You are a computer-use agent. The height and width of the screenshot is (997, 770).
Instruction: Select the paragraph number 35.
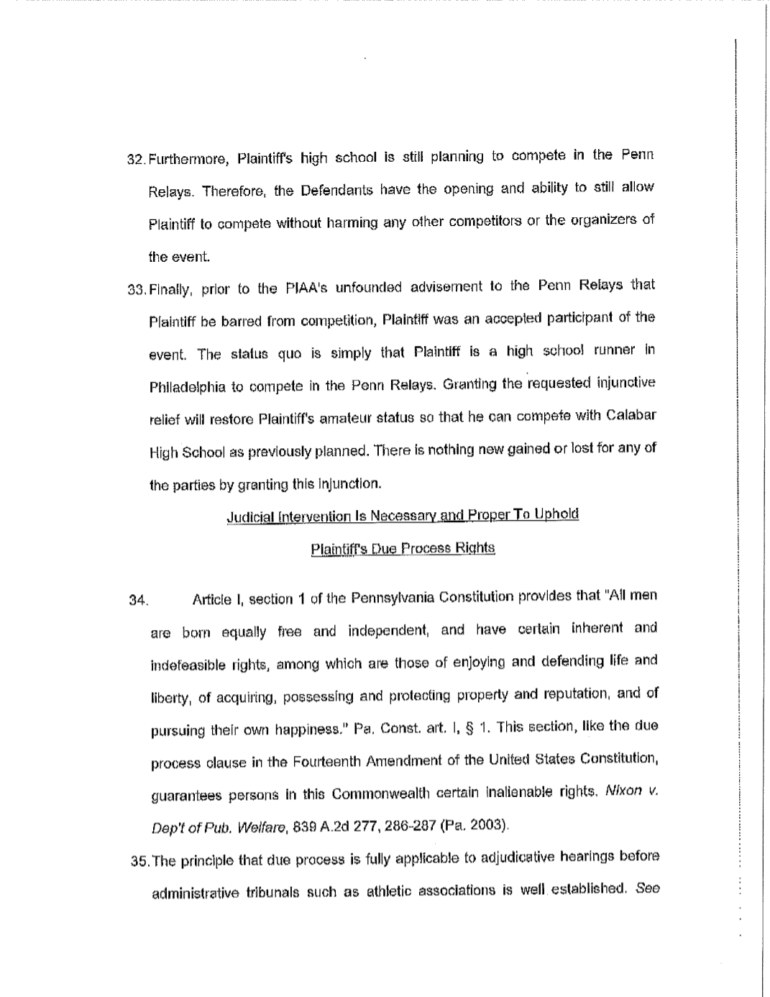click(x=137, y=860)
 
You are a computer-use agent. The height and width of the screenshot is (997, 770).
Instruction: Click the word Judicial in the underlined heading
click(x=248, y=516)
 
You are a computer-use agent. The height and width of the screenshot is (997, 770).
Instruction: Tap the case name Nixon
click(x=623, y=792)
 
